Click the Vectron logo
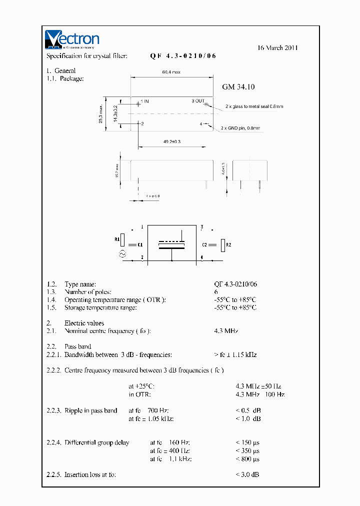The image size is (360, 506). (72, 39)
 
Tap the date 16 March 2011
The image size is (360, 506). (277, 48)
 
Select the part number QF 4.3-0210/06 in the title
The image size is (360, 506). (183, 56)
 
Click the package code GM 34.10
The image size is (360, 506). (238, 87)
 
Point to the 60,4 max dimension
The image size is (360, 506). (171, 72)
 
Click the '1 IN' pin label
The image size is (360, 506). (144, 101)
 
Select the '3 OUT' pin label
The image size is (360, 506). (198, 101)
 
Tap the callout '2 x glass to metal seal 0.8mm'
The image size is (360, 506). (254, 106)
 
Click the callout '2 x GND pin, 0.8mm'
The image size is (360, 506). (241, 128)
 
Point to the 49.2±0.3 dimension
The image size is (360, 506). (172, 142)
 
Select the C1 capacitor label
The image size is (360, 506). (140, 245)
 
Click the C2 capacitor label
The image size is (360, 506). (204, 245)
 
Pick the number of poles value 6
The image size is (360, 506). (216, 291)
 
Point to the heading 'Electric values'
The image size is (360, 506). (84, 323)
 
